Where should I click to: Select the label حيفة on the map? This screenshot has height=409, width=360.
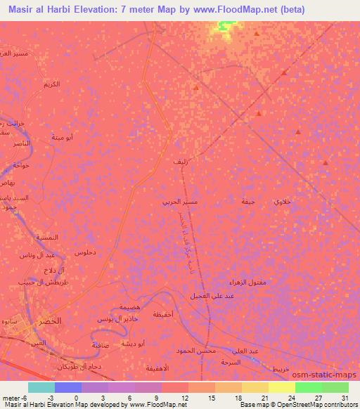point(247,202)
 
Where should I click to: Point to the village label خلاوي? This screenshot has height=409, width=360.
point(281,202)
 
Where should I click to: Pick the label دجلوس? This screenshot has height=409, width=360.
point(84,252)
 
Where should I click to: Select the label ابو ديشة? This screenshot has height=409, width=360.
point(131,344)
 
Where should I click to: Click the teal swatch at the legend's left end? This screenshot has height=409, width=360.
point(41,387)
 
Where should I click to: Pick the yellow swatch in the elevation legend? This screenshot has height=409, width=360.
point(281,387)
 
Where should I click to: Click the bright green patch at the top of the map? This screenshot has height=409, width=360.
point(225,26)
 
